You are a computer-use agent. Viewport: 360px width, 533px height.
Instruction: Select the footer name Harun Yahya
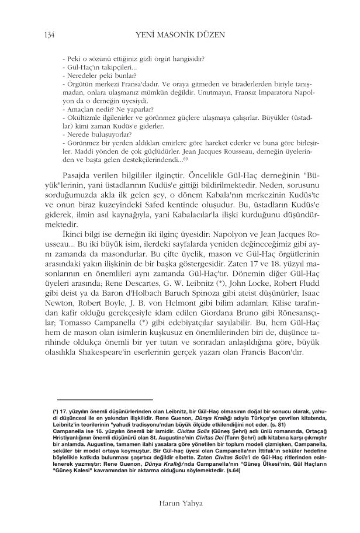179,502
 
